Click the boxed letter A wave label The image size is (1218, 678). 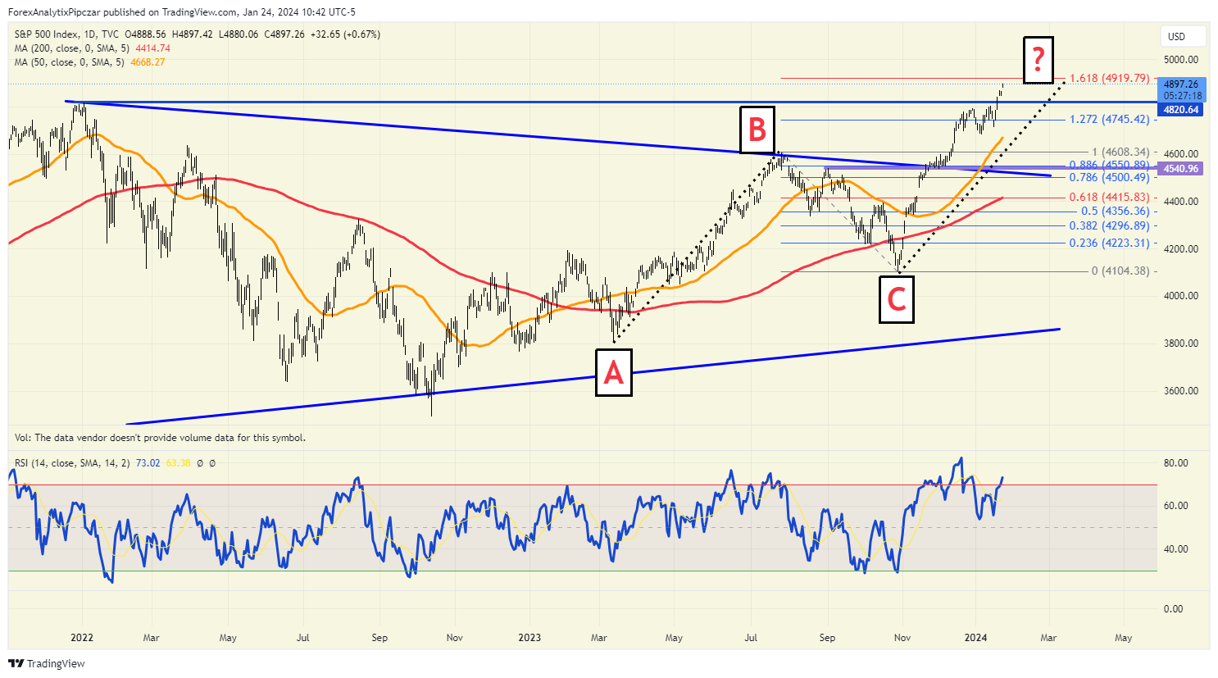coord(613,373)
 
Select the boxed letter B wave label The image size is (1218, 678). coord(757,130)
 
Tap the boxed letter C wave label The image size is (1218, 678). coord(897,299)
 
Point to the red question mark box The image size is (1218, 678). coord(1038,59)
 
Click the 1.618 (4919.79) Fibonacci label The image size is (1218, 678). coord(1108,79)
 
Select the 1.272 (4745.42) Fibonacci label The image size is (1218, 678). coord(1108,120)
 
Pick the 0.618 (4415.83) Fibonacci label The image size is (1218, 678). coord(1108,198)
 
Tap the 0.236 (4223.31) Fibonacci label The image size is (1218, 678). coord(1108,243)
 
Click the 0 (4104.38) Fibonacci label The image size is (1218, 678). coord(1120,271)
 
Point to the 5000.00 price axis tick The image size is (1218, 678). coord(1181,60)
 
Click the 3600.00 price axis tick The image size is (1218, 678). coord(1181,391)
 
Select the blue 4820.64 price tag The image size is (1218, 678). coord(1180,110)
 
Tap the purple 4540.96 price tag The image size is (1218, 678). coord(1180,169)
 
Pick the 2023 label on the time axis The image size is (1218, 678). coord(529,638)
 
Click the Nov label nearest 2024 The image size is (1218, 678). coord(902,638)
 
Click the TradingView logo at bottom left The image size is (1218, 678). coord(48,663)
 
